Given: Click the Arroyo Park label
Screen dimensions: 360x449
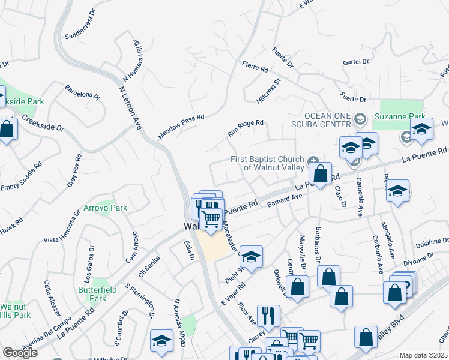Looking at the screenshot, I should (110, 208).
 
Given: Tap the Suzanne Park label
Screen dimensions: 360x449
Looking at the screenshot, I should (399, 117).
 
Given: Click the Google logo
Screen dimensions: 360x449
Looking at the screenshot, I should (20, 353).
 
